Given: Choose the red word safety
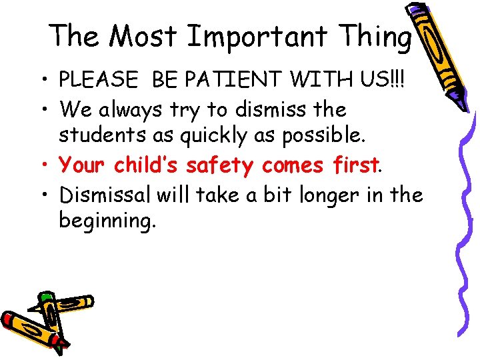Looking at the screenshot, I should coord(220,165).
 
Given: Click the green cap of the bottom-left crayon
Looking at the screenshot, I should coord(45,297).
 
